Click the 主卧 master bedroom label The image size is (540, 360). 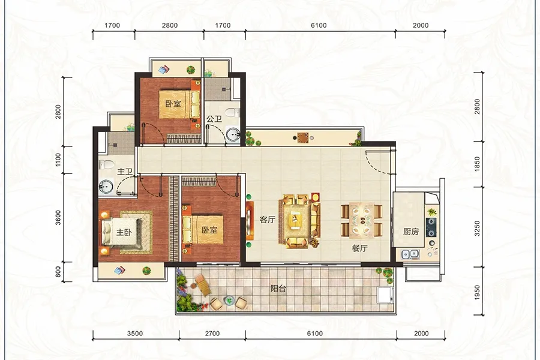[124, 232]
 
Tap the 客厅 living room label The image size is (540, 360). [267, 220]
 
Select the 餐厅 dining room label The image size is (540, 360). [359, 248]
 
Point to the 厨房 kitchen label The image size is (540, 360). [411, 232]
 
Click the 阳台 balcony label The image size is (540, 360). [278, 289]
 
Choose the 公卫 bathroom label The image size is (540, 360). [214, 119]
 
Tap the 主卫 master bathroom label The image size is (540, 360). [125, 171]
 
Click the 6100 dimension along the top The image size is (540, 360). [319, 25]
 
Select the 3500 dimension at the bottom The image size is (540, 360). [134, 334]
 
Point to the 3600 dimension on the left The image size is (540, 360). [58, 217]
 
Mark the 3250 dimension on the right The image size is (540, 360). [477, 229]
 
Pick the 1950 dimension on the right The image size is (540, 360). [477, 292]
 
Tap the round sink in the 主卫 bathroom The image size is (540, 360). [106, 187]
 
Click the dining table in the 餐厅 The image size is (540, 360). [362, 220]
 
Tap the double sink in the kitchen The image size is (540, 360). [410, 254]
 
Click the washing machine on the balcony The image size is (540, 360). [385, 295]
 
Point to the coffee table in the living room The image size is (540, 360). [295, 220]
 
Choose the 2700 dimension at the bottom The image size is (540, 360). [212, 334]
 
